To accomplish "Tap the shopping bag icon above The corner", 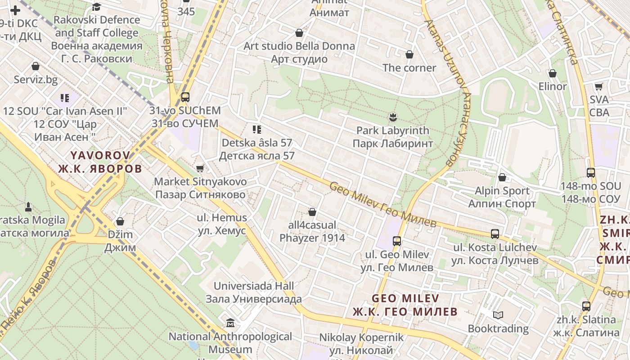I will coord(409,55).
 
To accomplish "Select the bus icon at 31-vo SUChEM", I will coord(185,97).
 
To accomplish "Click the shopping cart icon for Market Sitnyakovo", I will coord(200,168).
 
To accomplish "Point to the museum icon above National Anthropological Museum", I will coord(230,323).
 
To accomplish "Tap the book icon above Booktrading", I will coord(498,315).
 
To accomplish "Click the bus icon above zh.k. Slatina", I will coord(586,306).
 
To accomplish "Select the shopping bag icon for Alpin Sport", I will coord(502,178).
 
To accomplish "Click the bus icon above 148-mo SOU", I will coord(590,173).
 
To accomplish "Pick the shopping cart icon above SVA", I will coord(598,86).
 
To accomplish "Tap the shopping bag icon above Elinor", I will coord(553,73).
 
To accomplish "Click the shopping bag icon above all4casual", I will coord(312,212).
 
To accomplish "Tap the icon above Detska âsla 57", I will coord(257,130).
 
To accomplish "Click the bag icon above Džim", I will coord(120,221).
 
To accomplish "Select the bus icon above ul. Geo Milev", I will coord(397,241).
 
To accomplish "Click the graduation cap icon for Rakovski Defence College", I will coord(96,7).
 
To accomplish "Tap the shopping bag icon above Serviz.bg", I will coord(36,67).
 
